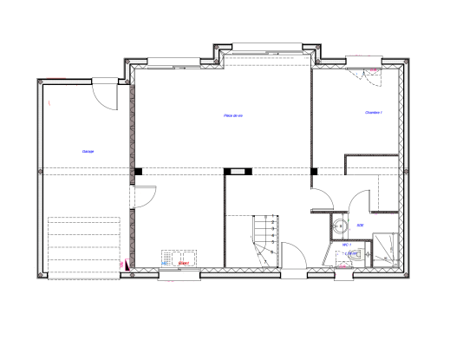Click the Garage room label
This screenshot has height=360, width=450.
88,151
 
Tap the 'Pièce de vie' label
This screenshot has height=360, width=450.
233,115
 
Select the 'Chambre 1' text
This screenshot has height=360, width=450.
374,112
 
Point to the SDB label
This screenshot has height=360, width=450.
360,226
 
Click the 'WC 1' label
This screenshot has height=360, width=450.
347,245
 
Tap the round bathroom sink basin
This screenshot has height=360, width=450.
338,228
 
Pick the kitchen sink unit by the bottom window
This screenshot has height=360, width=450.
179,259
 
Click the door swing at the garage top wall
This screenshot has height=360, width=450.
104,94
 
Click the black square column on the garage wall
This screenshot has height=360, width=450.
137,171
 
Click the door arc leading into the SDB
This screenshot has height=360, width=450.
322,198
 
